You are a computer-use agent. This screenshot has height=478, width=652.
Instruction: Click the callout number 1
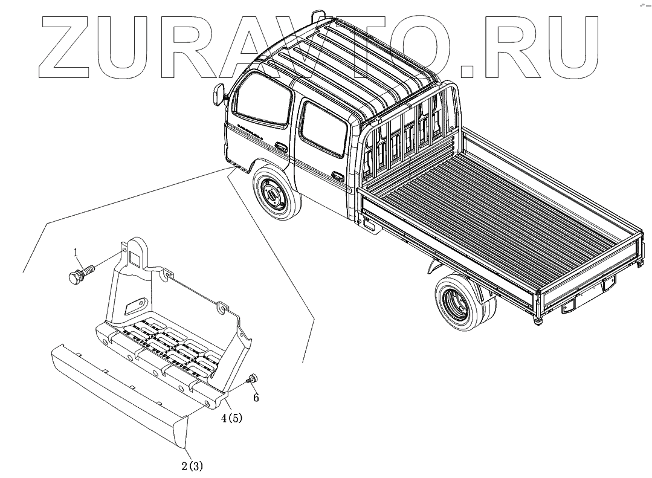tap(76, 251)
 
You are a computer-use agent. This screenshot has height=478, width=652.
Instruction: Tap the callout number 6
tap(256, 398)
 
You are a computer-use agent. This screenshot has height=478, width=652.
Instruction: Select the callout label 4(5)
tap(231, 418)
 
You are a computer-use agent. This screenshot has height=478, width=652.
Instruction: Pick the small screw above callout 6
tap(252, 379)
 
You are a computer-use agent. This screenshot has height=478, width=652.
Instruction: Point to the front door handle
tap(280, 146)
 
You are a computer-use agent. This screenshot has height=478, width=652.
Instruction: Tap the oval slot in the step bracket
tap(135, 303)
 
